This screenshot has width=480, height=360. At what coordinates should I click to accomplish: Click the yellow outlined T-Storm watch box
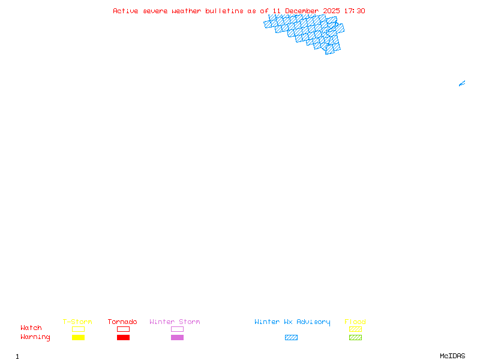[x=78, y=329]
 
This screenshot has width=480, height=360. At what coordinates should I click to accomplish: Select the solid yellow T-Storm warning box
[x=78, y=338]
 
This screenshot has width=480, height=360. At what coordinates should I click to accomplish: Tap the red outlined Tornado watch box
[x=123, y=329]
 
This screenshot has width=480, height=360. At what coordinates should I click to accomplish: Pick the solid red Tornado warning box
[x=123, y=338]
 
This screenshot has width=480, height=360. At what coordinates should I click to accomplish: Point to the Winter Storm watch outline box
[x=177, y=329]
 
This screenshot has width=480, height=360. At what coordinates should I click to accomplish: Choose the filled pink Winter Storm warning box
[x=177, y=338]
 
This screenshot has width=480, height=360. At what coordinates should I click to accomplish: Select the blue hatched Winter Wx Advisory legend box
[x=291, y=338]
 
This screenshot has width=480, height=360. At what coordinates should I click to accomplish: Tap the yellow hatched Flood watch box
[x=355, y=329]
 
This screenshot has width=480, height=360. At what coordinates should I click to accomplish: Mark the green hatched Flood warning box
[x=355, y=338]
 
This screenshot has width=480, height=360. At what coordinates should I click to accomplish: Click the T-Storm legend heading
[x=77, y=322]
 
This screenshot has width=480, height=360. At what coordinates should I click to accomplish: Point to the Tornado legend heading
[x=122, y=322]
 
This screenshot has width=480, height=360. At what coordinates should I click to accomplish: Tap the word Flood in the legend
[x=355, y=322]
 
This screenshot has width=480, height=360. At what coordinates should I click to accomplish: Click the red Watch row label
[x=31, y=328]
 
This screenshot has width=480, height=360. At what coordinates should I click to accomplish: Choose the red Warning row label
[x=35, y=337]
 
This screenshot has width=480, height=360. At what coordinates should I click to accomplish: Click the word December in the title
[x=301, y=11]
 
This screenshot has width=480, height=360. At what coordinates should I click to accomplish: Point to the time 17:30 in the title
[x=355, y=11]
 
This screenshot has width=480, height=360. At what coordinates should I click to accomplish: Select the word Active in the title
[x=125, y=11]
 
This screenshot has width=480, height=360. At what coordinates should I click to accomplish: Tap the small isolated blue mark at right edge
[x=462, y=83]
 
